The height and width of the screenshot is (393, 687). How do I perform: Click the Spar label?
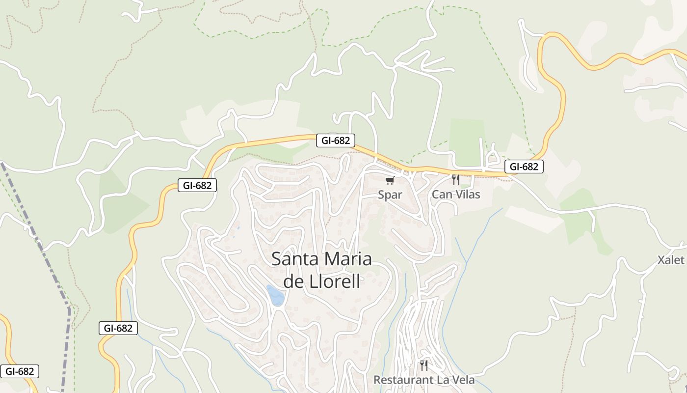click(390, 195)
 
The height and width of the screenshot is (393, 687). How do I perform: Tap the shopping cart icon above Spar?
click(390, 181)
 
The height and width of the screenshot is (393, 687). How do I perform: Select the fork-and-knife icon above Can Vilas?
click(456, 180)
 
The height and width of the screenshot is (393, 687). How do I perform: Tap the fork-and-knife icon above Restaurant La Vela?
click(424, 365)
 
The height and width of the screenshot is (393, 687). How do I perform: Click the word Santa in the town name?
click(294, 259)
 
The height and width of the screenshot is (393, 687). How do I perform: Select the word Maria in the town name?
click(345, 259)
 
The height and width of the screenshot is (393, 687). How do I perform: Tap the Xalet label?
click(671, 260)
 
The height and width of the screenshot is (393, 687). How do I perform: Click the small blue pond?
click(275, 295)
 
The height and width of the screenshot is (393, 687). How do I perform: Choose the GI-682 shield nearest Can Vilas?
click(524, 167)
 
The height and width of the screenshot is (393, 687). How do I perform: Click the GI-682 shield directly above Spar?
click(336, 140)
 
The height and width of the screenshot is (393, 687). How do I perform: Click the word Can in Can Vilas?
click(440, 195)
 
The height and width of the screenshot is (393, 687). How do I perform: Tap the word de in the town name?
click(293, 282)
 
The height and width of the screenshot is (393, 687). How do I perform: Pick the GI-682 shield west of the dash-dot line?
click(19, 371)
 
